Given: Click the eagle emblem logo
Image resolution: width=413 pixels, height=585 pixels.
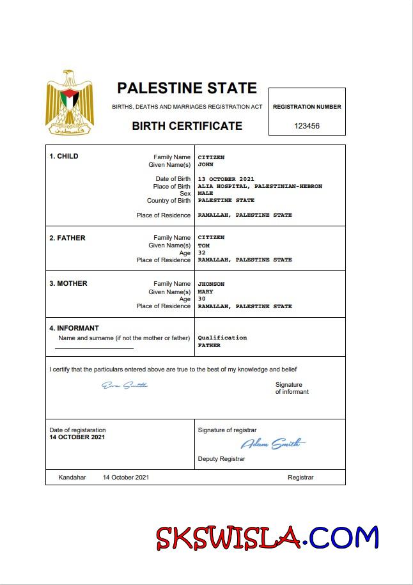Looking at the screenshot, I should (69, 103).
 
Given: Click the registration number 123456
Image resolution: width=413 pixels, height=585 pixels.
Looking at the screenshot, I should (307, 126).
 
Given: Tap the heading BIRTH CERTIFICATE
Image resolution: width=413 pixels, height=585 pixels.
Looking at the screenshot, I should (187, 126).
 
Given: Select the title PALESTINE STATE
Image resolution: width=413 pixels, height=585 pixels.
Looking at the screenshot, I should (187, 88).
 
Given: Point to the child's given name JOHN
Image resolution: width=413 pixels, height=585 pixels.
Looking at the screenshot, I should (205, 164).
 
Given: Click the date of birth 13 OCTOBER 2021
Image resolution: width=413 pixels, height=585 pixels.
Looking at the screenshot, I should (226, 179).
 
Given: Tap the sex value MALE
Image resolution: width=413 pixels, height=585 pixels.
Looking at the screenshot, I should (205, 193).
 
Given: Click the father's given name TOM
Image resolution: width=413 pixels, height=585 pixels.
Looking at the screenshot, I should (203, 245).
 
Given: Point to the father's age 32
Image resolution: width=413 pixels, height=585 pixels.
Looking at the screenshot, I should (201, 253).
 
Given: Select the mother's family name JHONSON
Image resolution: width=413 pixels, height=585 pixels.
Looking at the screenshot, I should (211, 284).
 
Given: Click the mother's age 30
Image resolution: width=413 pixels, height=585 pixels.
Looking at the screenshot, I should (201, 299).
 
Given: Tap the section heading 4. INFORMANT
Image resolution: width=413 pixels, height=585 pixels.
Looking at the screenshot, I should (74, 329).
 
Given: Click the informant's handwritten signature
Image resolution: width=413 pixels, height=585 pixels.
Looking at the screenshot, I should (125, 385).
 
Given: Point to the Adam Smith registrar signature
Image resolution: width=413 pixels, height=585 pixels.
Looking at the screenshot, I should (272, 444).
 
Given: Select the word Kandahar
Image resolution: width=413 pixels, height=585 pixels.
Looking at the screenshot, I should (72, 478).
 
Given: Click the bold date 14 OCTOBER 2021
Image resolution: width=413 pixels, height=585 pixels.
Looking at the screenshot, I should (77, 437).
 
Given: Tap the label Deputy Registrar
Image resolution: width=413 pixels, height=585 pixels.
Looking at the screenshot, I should (221, 459).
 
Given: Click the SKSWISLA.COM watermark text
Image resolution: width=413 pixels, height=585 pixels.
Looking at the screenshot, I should (268, 538).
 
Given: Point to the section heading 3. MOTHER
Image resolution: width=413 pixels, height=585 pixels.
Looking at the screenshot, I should (68, 283).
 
